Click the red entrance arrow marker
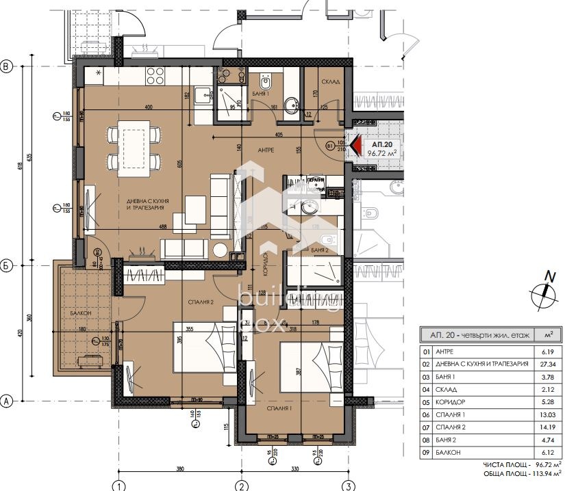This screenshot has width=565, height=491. click(355, 146)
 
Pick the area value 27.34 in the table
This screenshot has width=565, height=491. click(548, 364)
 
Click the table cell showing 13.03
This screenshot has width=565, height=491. click(548, 414)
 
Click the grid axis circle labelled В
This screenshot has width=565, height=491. click(8, 66)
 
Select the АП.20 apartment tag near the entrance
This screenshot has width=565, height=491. click(382, 149)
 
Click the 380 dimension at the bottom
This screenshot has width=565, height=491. click(179, 470)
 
